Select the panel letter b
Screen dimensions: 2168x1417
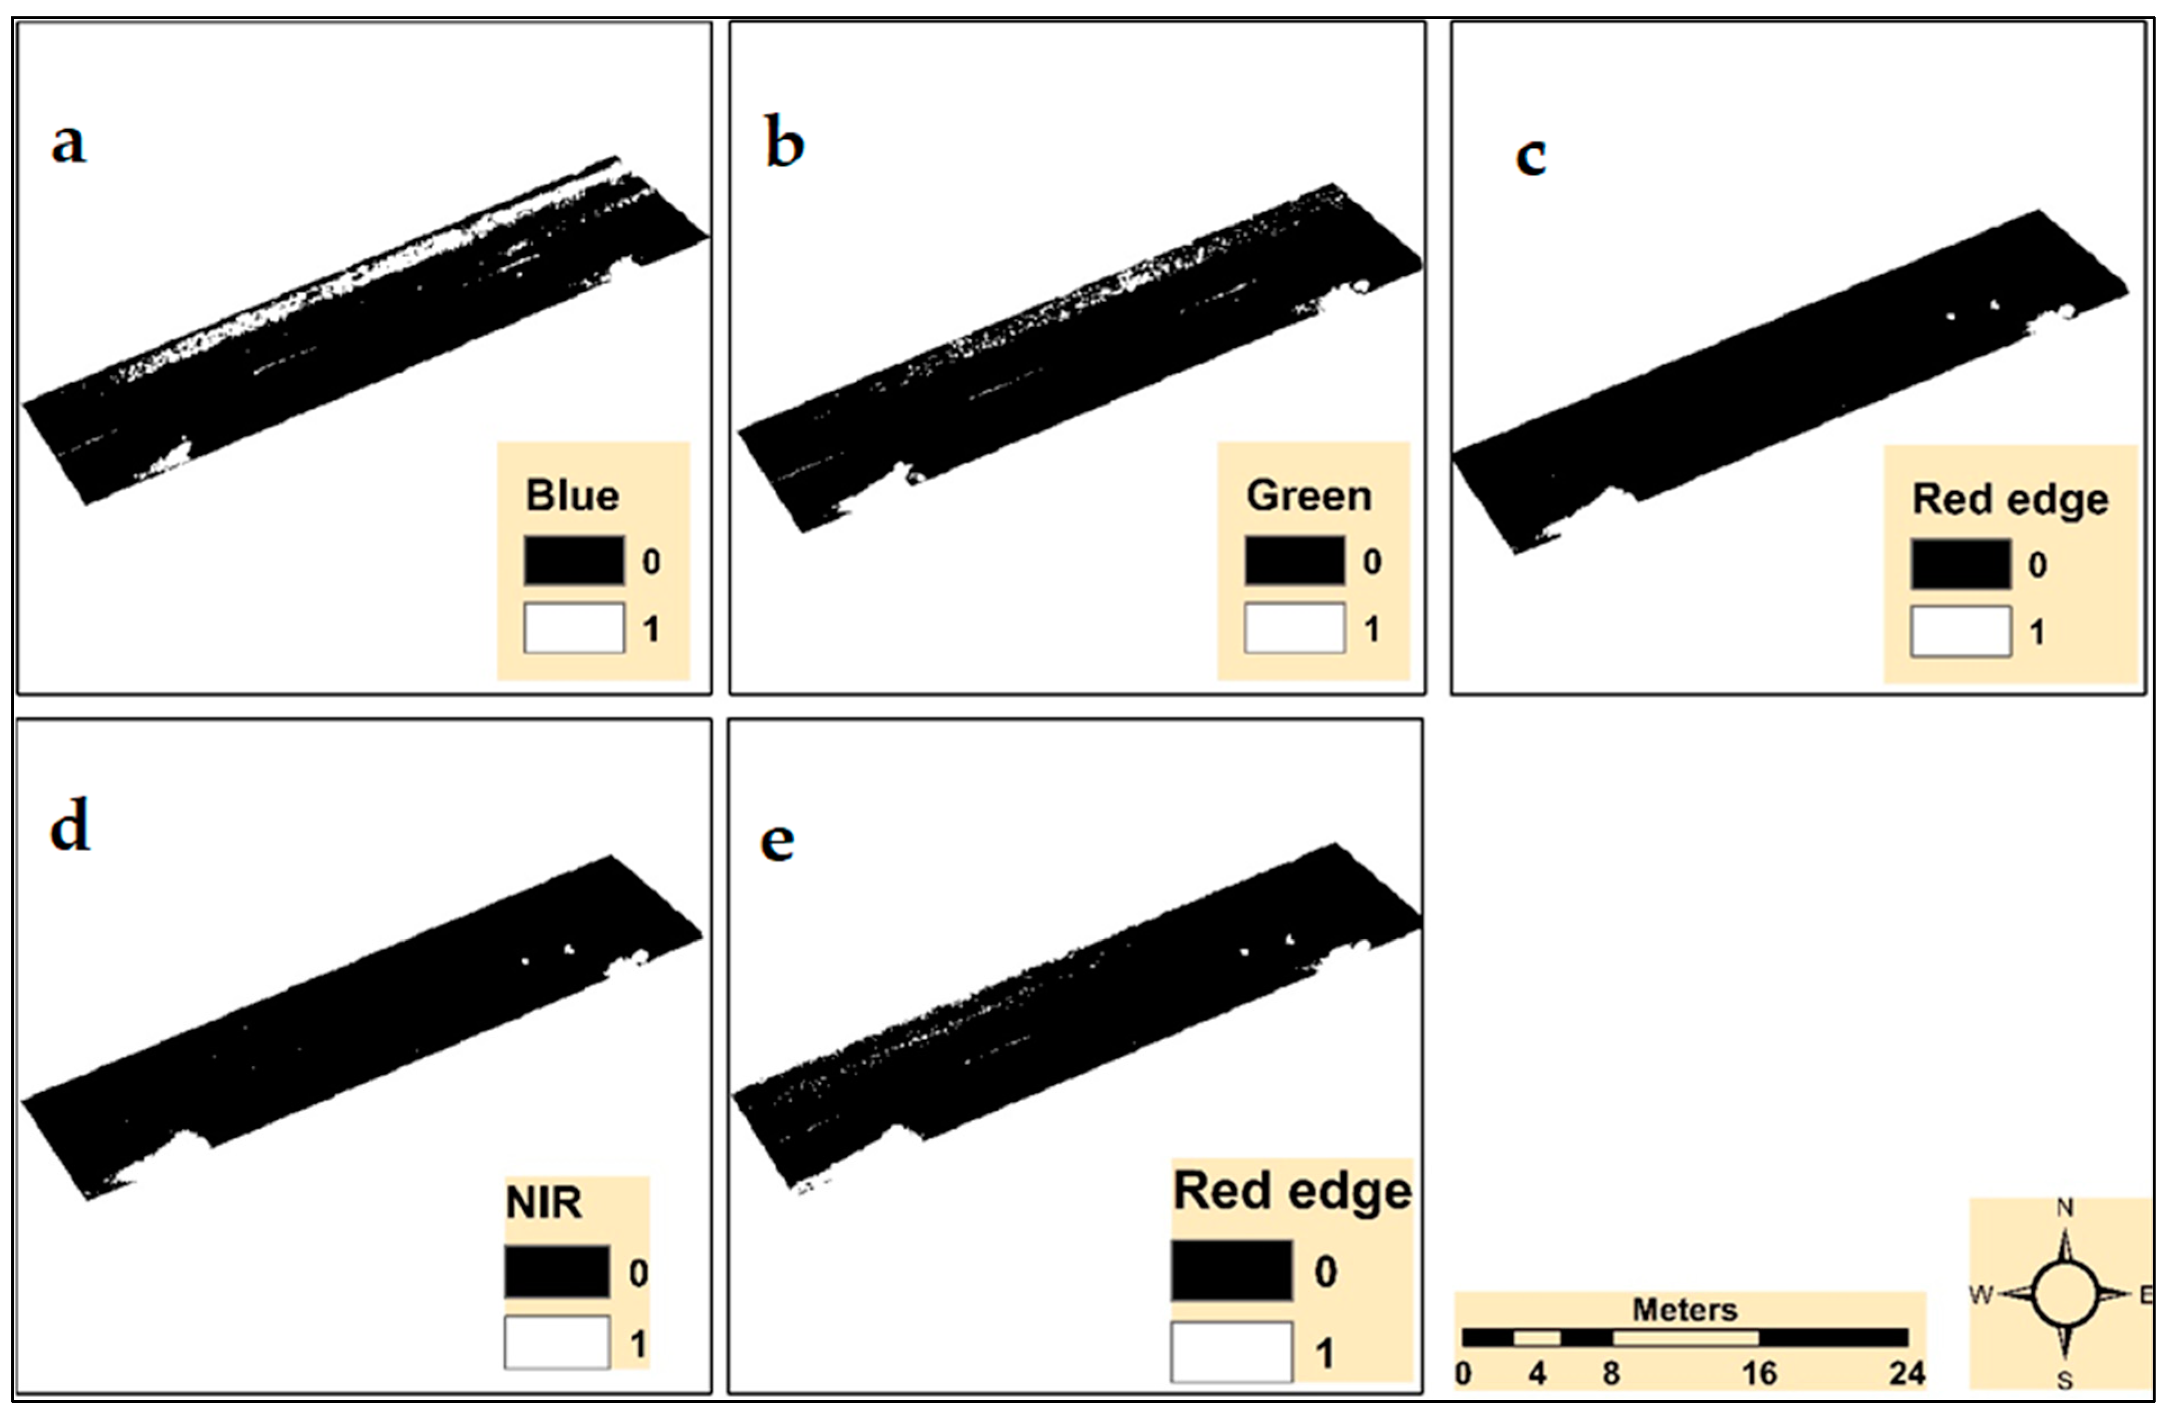click(x=785, y=143)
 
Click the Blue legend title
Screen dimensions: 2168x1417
click(x=572, y=496)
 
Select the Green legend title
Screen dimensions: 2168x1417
click(x=1308, y=496)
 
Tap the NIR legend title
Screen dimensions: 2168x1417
click(x=544, y=1203)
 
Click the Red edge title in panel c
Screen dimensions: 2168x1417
click(x=2009, y=500)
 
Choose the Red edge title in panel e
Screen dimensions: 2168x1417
click(x=1292, y=1191)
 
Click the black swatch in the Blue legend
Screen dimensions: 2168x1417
click(x=574, y=560)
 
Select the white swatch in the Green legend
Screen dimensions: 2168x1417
click(x=1295, y=628)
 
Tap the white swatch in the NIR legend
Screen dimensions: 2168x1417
click(x=557, y=1342)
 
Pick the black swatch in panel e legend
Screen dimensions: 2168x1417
click(x=1232, y=1270)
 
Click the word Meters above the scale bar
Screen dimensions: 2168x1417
click(x=1684, y=1310)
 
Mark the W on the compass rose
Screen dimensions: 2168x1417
click(x=1981, y=1294)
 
